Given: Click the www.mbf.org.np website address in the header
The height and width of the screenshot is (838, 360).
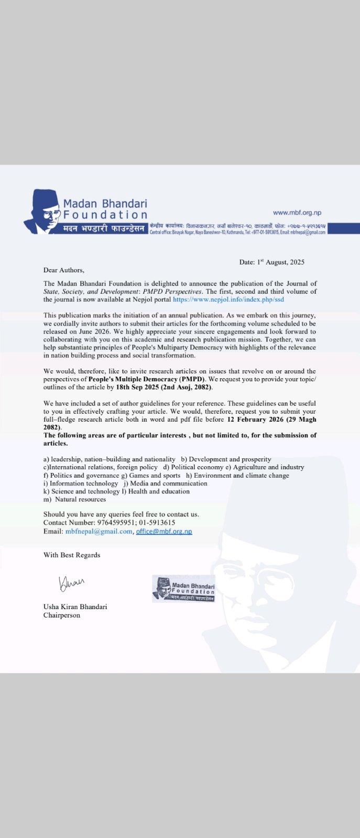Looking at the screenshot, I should (x=297, y=213).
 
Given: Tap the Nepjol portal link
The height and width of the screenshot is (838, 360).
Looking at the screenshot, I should (x=228, y=300).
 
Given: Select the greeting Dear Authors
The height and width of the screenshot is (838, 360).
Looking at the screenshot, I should (x=63, y=270).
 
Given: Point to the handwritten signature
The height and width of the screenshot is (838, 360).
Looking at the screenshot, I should (x=72, y=582).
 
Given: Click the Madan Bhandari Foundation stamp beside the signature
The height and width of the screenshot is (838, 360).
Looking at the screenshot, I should (x=183, y=588).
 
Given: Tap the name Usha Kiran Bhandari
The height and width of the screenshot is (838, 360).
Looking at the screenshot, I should (x=75, y=607).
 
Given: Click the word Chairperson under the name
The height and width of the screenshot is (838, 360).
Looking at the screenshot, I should (x=62, y=615).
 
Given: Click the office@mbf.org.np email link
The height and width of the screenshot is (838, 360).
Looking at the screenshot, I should (x=164, y=531).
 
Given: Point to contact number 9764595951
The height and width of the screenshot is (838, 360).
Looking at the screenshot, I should (x=115, y=523).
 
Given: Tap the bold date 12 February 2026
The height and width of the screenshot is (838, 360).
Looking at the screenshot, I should (x=258, y=420).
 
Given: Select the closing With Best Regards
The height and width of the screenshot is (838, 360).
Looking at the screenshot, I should (x=72, y=555).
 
